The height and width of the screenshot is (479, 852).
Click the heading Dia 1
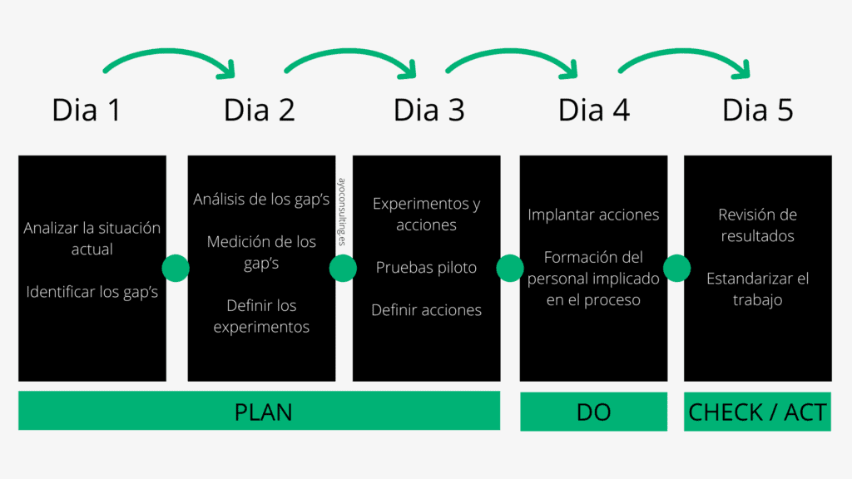click(x=87, y=110)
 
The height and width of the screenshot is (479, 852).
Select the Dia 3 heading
click(x=428, y=110)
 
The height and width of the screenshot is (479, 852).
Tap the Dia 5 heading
click(x=758, y=110)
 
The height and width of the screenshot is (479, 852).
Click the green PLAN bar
click(x=259, y=411)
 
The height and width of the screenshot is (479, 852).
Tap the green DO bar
click(x=593, y=412)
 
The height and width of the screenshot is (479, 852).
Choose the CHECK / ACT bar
click(x=757, y=412)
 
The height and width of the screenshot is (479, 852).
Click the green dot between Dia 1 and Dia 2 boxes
click(x=176, y=268)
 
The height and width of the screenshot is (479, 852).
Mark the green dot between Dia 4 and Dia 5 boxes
click(x=676, y=268)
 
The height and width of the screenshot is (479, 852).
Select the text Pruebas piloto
click(x=426, y=268)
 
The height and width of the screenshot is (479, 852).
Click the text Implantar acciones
click(x=593, y=215)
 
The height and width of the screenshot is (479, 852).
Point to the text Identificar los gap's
click(x=92, y=292)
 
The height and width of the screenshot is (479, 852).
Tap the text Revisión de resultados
click(x=757, y=225)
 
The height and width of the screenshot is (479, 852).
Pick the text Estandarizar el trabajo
click(x=757, y=289)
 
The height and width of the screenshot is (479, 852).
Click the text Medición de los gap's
click(x=261, y=252)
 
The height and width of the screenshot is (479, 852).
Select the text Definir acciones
click(x=426, y=310)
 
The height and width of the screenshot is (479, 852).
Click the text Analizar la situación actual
click(x=92, y=238)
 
